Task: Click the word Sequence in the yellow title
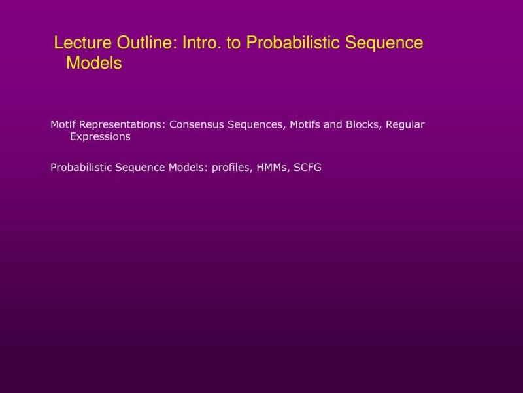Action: click(384, 43)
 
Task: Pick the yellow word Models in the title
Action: click(94, 64)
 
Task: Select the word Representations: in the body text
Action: click(123, 124)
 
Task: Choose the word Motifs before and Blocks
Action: click(305, 124)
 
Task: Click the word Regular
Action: click(405, 124)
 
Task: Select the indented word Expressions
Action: click(100, 137)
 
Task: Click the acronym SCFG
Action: click(308, 168)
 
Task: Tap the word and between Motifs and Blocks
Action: click(333, 124)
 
